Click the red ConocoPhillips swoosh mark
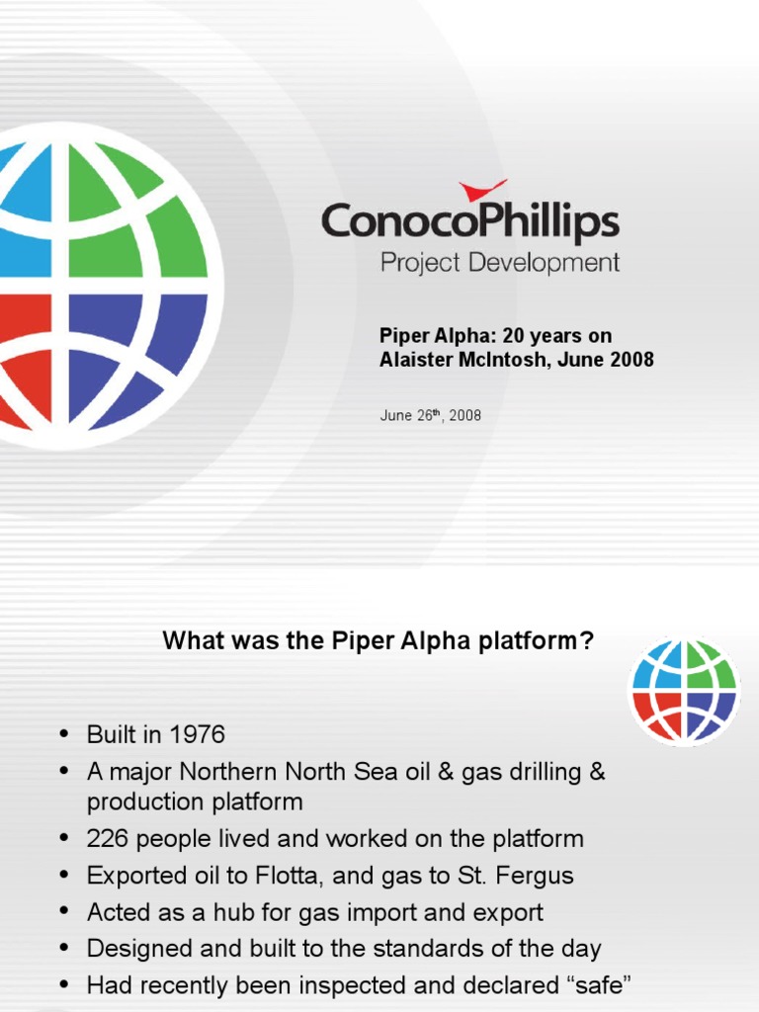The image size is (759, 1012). [482, 190]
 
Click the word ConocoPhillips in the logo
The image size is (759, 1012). [469, 222]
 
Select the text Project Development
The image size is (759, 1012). [500, 263]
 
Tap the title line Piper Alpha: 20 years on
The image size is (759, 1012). [495, 336]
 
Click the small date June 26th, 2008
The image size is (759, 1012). [430, 415]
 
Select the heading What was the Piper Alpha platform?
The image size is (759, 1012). [379, 641]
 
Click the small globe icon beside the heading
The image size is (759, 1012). [684, 689]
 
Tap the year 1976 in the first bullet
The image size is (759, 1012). [198, 734]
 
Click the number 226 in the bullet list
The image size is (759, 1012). [107, 839]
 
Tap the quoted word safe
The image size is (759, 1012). [594, 985]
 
